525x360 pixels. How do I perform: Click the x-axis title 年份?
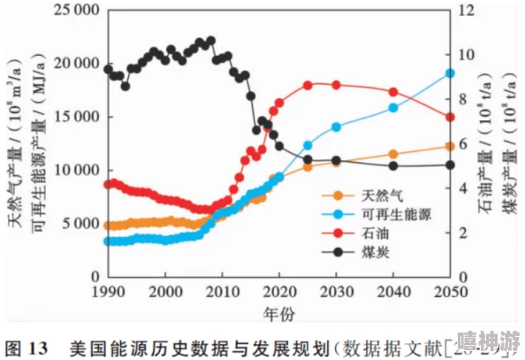click(279, 314)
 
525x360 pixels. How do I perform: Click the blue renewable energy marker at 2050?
click(449, 73)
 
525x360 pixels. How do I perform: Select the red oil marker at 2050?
click(449, 117)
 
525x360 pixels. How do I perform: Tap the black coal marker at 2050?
click(449, 165)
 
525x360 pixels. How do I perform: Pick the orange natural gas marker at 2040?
click(392, 154)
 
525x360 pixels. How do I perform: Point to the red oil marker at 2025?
click(308, 86)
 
